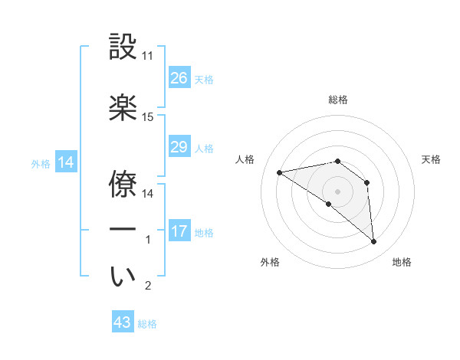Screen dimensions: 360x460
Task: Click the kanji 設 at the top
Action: [123, 47]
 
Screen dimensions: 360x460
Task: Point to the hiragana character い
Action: [123, 276]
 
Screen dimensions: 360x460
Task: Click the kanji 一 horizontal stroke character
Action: [123, 229]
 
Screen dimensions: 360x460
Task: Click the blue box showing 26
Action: [179, 78]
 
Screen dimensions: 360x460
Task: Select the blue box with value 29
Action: [179, 147]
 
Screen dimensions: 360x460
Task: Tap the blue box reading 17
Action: [179, 231]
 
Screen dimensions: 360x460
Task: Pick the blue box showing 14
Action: [64, 162]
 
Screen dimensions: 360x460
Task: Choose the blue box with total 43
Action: [123, 322]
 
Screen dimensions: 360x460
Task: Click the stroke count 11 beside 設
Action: [148, 56]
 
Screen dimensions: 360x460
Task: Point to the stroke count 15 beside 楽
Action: [148, 117]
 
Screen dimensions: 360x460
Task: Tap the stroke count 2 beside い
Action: [148, 286]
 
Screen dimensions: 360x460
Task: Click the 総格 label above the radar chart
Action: [338, 100]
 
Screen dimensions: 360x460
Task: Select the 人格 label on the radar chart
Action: [245, 159]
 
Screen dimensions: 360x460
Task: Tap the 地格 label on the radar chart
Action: [402, 263]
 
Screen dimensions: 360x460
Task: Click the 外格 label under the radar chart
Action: [270, 263]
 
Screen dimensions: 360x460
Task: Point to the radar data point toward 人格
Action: [280, 172]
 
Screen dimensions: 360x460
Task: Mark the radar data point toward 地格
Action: [374, 242]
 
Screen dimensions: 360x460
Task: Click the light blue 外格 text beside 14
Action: [40, 163]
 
